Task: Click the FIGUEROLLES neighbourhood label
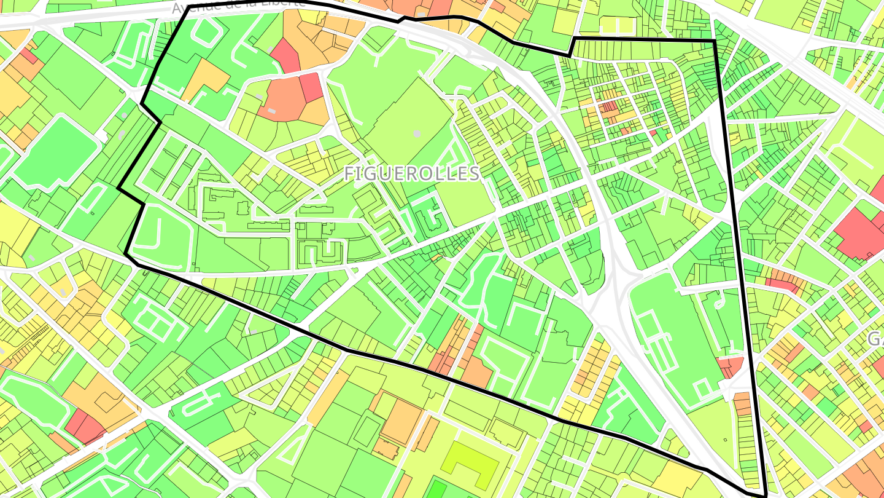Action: pos(411,173)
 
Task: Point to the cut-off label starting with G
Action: pos(876,338)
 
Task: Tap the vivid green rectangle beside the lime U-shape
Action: pos(436,488)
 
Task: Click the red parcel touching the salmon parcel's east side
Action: pos(311,87)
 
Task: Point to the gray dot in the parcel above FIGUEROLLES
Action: pos(417,133)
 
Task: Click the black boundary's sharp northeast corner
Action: pos(715,41)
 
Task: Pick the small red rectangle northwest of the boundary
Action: pos(28,57)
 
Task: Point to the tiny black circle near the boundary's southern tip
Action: pos(725,440)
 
